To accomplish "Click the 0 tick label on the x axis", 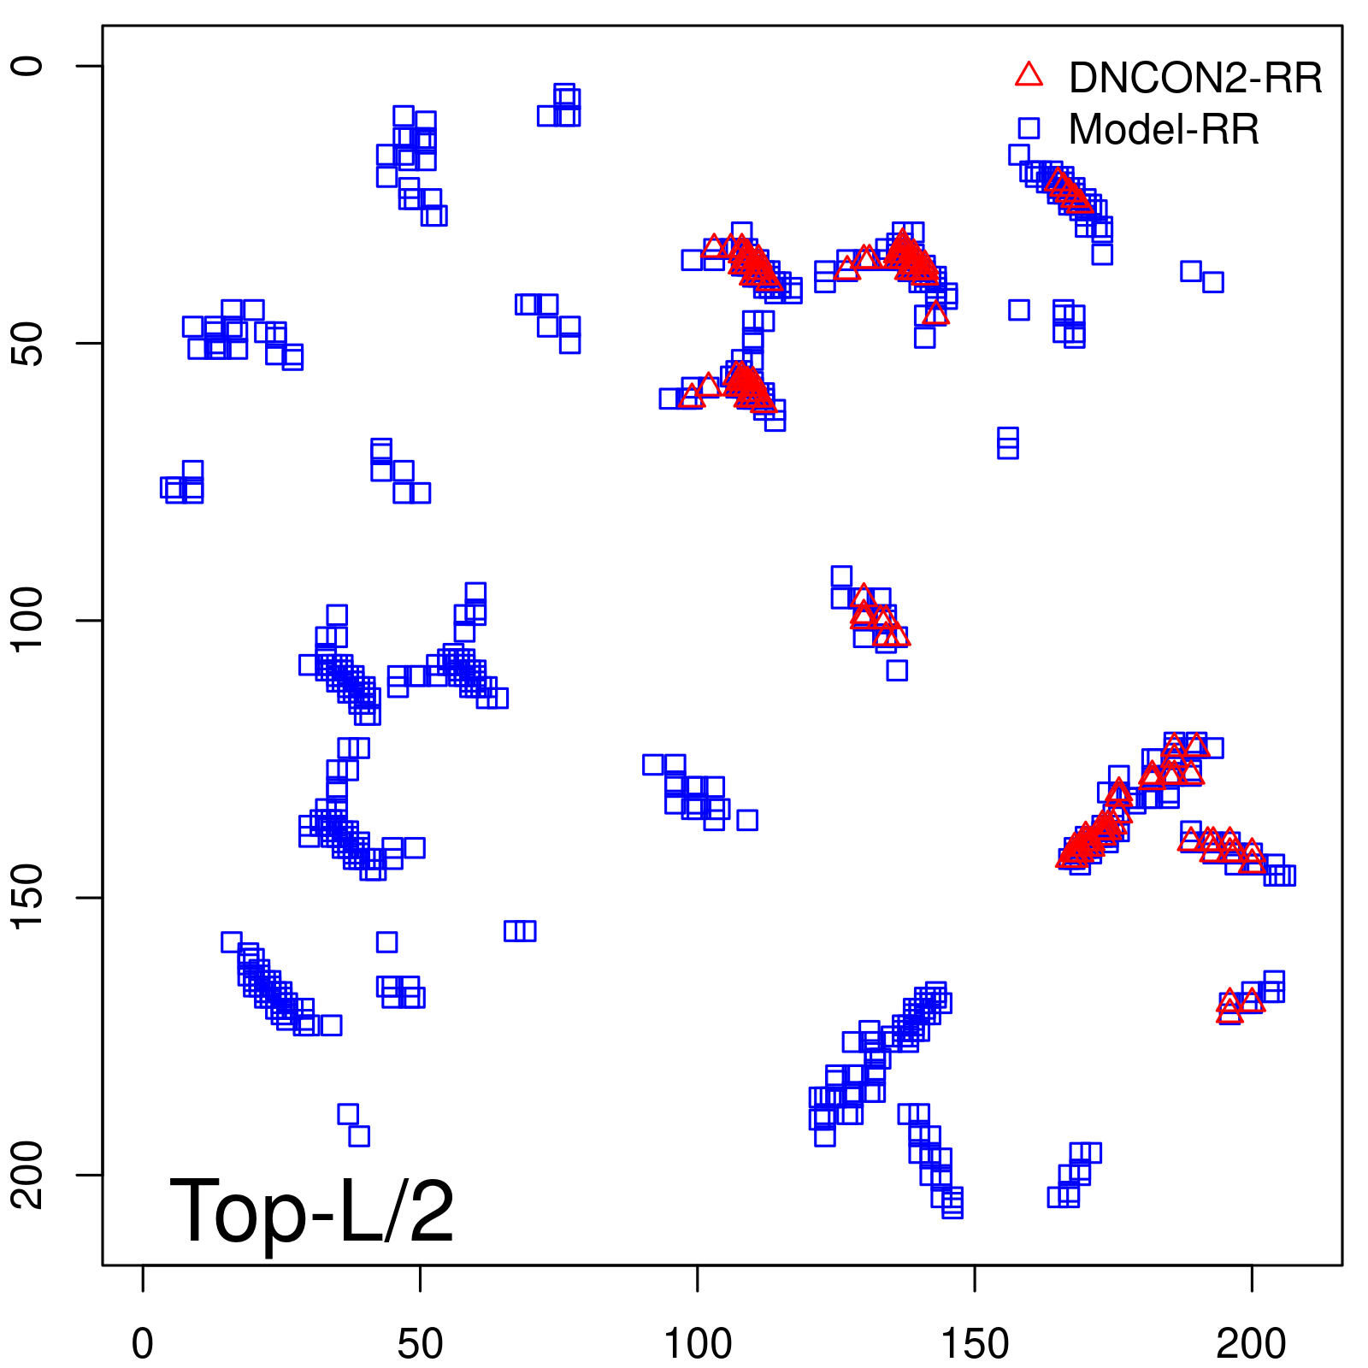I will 143,1345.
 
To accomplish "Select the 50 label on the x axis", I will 420,1345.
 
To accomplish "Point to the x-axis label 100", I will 698,1345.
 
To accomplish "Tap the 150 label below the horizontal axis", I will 975,1345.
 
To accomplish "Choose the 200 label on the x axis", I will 1252,1345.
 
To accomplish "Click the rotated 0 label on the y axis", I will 28,66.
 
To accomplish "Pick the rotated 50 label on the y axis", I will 28,344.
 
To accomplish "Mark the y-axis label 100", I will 28,621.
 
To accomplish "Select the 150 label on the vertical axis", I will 28,898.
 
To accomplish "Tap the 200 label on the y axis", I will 28,1175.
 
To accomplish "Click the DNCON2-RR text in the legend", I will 1194,79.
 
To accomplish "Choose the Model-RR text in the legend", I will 1164,130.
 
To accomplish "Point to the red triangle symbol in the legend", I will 1029,75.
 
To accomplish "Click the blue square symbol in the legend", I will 1029,128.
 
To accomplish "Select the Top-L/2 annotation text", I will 312,1211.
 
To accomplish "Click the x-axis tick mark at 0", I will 143,1277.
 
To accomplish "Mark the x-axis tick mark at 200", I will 1252,1277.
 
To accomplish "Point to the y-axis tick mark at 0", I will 90,66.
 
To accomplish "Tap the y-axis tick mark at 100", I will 90,621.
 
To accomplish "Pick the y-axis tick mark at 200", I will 90,1175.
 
